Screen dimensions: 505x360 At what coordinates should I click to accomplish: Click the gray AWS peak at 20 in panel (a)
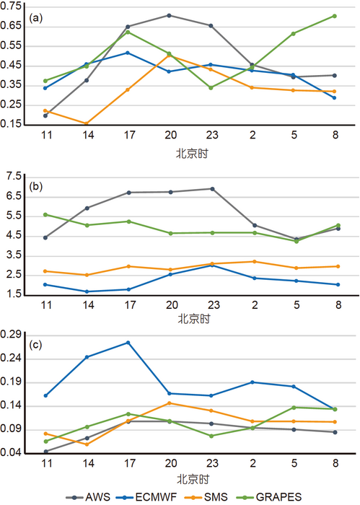click(169, 15)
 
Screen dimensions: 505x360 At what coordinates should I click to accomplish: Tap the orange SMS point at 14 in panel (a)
click(87, 123)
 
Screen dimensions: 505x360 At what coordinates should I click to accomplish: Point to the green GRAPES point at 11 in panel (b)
click(45, 214)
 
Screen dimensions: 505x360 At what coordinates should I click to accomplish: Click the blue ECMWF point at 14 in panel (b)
click(87, 291)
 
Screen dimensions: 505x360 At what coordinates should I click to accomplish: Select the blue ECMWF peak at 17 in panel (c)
click(128, 342)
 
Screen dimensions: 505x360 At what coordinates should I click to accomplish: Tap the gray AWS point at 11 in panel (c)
click(45, 452)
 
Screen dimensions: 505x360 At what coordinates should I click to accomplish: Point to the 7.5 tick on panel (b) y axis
click(13, 175)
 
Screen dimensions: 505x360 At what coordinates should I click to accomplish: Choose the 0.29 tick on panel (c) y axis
click(11, 335)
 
